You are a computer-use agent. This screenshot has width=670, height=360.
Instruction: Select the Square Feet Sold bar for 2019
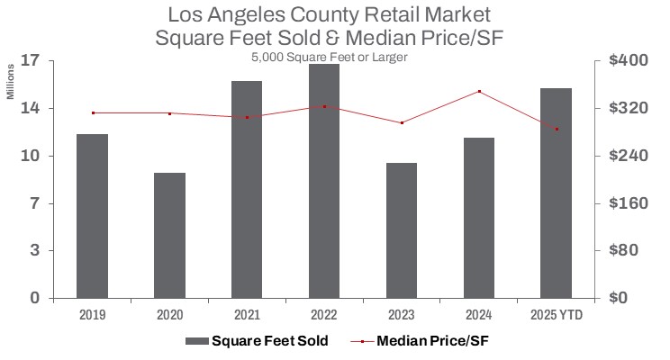pyautogui.click(x=92, y=216)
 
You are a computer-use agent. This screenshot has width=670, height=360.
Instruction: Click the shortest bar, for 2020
pyautogui.click(x=169, y=235)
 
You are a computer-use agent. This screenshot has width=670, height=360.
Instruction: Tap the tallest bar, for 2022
pyautogui.click(x=324, y=181)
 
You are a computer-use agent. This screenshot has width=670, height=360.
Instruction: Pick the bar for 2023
pyautogui.click(x=402, y=230)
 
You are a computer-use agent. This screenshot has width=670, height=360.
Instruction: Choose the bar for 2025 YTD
pyautogui.click(x=556, y=193)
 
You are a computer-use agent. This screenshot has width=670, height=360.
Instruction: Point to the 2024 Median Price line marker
pyautogui.click(x=479, y=92)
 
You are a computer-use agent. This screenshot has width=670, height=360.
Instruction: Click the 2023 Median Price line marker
pyautogui.click(x=402, y=122)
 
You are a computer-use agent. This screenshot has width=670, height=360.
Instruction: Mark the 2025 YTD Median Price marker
pyautogui.click(x=557, y=130)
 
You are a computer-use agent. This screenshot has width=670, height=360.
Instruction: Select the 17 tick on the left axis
pyautogui.click(x=29, y=61)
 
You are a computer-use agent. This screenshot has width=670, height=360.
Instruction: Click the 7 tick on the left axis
pyautogui.click(x=34, y=203)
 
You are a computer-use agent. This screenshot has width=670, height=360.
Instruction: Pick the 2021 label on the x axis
pyautogui.click(x=247, y=316)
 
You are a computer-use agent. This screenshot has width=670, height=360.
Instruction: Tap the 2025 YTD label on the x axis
pyautogui.click(x=556, y=316)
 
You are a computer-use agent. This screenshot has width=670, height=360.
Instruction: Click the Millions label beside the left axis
pyautogui.click(x=12, y=82)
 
